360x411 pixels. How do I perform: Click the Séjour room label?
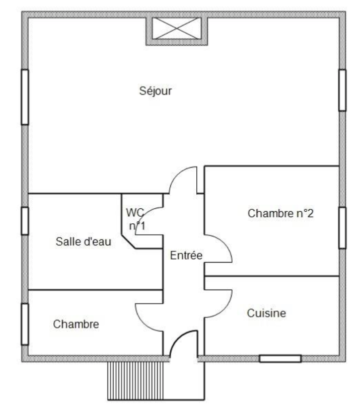coord(156,91)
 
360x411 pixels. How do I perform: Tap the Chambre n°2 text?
coord(280,213)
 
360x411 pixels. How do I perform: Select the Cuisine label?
coord(266,313)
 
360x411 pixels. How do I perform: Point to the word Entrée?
coord(186,255)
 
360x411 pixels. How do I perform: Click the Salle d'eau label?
coord(84,241)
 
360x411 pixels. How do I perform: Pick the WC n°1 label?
coord(136,219)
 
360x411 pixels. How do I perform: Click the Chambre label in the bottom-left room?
coord(76,324)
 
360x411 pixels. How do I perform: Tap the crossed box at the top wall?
coord(177,28)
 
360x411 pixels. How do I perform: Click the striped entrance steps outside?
coord(135,381)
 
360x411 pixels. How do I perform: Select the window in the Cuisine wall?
coord(280,359)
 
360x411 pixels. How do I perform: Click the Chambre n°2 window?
coord(342,228)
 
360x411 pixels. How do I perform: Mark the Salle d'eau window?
coord(25,221)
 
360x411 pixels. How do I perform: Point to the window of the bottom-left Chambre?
coord(25,324)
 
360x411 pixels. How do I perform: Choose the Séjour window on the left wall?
coord(25,97)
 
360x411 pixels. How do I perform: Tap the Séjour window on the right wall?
coord(342,90)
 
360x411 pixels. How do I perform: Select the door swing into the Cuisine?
coord(225,309)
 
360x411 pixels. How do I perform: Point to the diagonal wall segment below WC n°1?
coord(128,241)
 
